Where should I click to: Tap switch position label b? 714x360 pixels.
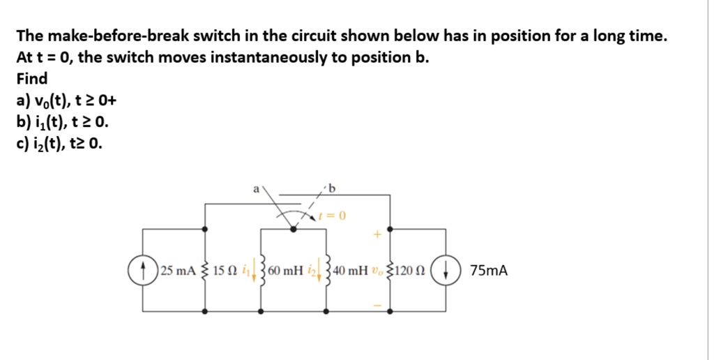332,187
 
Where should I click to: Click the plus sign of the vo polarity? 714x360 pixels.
377,237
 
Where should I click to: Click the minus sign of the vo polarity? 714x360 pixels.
377,305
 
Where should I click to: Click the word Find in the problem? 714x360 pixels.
32,78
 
